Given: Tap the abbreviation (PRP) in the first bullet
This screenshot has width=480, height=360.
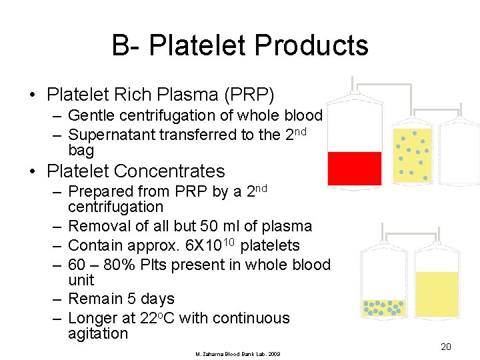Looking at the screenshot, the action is click(x=250, y=94).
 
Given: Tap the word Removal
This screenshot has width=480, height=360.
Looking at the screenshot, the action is click(x=96, y=226).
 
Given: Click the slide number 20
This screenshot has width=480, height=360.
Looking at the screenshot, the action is click(x=446, y=347).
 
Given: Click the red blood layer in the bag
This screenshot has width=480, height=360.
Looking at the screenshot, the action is click(x=355, y=168).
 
